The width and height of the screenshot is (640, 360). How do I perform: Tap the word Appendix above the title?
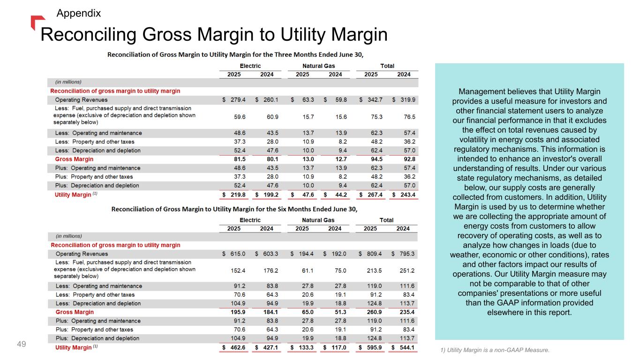78,13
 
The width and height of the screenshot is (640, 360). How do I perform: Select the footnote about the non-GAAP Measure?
495,350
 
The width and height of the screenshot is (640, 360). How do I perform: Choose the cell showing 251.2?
406,270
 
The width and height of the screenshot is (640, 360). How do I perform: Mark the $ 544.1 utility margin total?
404,347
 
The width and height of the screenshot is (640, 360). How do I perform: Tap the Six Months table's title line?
234,209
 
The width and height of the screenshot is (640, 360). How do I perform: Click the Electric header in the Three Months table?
250,66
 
